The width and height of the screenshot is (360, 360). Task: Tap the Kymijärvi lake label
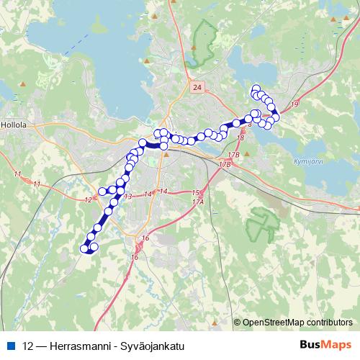(309, 161)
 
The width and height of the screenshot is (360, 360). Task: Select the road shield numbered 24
(198, 87)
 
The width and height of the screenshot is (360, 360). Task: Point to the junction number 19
(295, 105)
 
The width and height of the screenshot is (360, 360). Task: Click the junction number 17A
(199, 202)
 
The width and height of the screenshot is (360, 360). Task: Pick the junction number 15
(195, 193)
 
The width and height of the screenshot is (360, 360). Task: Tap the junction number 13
(127, 197)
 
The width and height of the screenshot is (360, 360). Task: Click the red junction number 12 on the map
(89, 199)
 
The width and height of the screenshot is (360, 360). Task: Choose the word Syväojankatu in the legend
(151, 346)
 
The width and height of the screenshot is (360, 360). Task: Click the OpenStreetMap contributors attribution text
(297, 323)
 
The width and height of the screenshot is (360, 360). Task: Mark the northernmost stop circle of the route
(254, 89)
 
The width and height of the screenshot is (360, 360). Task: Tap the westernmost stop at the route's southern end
(84, 248)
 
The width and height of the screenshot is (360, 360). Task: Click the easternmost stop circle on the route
(276, 117)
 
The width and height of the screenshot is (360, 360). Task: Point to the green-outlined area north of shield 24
(204, 43)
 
